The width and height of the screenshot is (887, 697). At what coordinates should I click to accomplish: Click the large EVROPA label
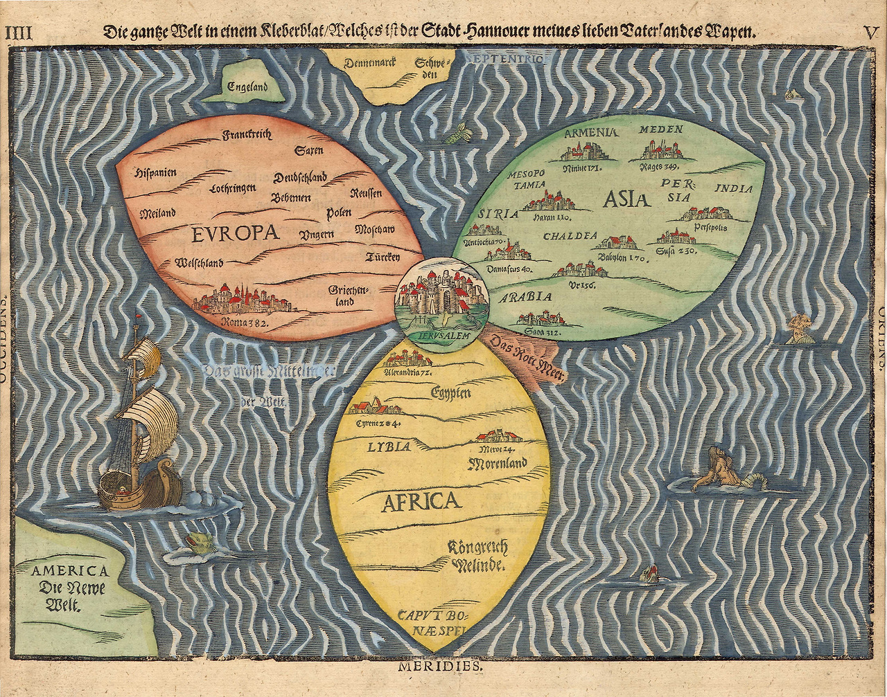pos(236,233)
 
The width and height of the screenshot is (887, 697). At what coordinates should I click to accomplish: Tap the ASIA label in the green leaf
pos(626,199)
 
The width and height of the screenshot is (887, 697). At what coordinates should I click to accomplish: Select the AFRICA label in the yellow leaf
pos(421,501)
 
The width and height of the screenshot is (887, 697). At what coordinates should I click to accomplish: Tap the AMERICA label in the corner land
pos(71,571)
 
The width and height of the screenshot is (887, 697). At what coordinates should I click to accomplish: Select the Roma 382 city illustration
pos(242,301)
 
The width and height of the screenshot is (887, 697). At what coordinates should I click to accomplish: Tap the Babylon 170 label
pos(622,258)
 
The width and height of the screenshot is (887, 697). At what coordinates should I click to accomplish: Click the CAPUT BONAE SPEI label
pos(432,621)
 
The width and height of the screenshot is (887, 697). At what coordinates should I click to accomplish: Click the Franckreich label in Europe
pos(246,136)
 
